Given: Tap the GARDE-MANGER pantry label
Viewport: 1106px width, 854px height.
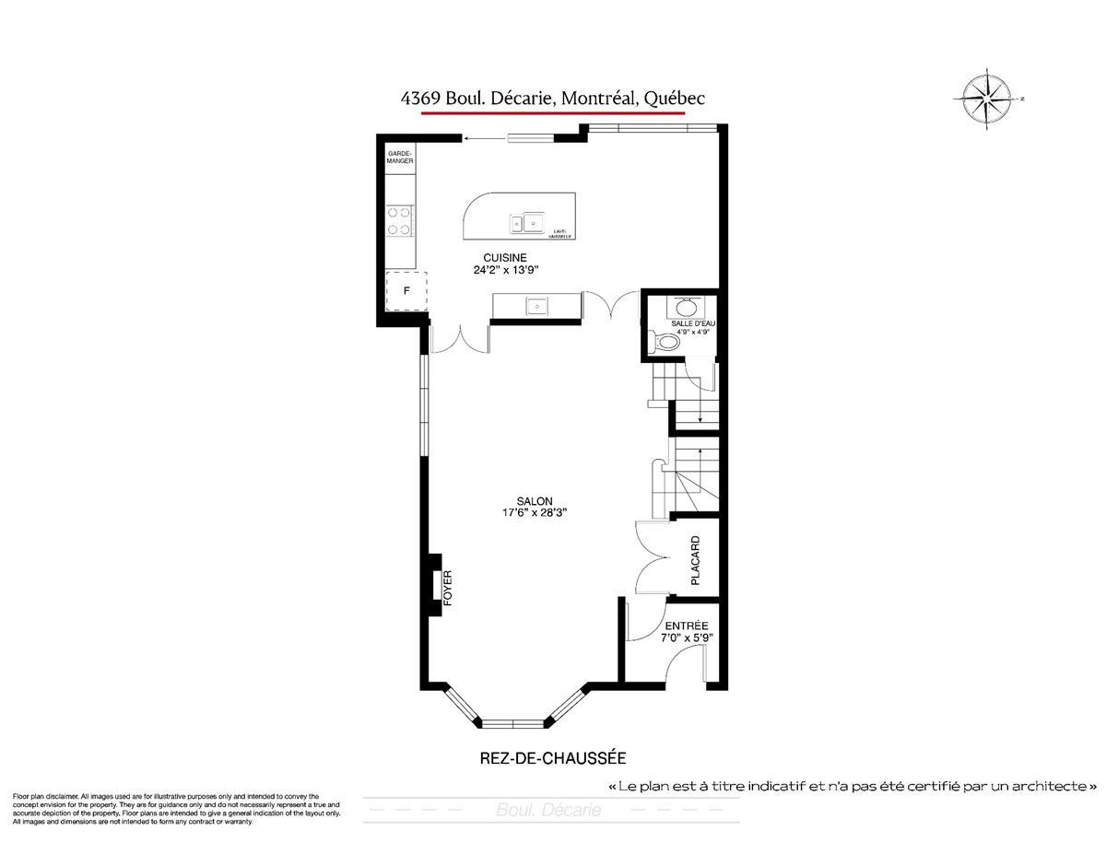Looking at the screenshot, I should point(399,157).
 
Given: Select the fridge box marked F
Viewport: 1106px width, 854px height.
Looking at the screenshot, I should point(406,291).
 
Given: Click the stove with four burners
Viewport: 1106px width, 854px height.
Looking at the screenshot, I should point(399,219).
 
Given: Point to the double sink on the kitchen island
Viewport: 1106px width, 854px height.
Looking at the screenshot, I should point(524,221).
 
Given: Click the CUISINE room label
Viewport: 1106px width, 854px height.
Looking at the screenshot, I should point(504,258).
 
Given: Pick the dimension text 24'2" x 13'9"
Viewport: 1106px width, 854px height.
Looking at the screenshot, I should point(504,271).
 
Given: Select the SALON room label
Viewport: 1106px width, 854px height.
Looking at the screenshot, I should point(535,500).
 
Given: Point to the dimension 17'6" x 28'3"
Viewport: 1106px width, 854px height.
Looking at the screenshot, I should point(535,513).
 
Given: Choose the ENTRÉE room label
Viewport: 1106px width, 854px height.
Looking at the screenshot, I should point(687,624).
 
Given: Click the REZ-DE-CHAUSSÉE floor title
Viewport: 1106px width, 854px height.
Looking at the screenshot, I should point(553,758).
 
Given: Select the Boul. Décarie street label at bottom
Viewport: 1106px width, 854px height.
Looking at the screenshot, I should point(548,811).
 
